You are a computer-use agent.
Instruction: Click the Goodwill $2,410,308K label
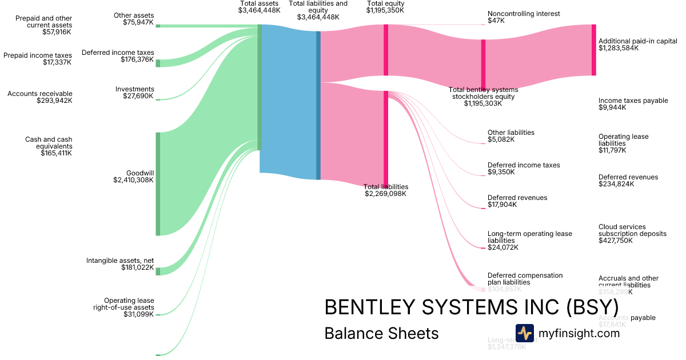pos(134,177)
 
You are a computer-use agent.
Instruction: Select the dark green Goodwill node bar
pos(158,183)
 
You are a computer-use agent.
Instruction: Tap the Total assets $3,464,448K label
pos(260,7)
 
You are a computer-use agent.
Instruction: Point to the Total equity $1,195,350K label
pos(386,7)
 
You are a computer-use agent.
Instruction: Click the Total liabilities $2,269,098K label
pos(386,190)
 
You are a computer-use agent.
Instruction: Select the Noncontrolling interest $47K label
pos(524,17)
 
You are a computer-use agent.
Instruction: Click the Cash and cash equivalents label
pos(49,146)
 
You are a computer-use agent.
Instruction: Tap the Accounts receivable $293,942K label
pos(40,97)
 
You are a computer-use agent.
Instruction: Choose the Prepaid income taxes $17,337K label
pos(38,59)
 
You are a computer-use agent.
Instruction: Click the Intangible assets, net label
pos(120,264)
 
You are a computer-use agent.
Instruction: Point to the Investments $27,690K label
pos(135,93)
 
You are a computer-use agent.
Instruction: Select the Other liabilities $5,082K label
pos(510,136)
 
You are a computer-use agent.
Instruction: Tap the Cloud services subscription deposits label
pos(632,234)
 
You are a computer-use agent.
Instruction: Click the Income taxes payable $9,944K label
pos(633,104)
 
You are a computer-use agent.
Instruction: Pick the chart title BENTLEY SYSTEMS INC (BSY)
pos(471,307)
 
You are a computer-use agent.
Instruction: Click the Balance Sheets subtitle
pos(381,333)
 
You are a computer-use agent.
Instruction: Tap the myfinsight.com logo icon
pos(524,333)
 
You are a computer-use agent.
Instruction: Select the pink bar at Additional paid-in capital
pos(593,50)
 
